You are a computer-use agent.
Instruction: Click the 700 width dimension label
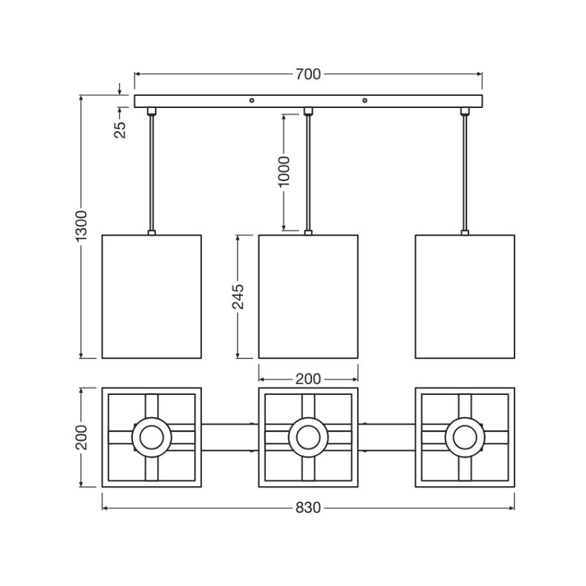308,74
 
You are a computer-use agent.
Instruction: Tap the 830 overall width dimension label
308,508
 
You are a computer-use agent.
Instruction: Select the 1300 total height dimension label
81,225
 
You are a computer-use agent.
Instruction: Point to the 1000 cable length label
284,171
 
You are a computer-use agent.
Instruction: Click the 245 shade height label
238,296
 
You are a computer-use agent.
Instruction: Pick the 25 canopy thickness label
120,130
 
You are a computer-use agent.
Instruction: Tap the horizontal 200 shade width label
308,379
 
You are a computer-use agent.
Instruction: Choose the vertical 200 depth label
81,437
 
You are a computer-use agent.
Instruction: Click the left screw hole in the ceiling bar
252,101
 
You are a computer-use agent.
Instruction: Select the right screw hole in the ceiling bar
365,101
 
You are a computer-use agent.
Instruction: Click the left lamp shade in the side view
152,296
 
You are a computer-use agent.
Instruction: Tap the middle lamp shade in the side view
309,296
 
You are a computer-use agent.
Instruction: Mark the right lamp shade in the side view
465,296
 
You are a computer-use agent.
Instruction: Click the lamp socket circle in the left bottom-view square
152,437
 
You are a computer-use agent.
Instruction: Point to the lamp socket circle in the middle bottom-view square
309,437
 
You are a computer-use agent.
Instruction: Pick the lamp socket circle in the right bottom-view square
465,437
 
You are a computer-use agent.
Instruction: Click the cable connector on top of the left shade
152,232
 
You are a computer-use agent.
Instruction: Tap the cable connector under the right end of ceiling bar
465,111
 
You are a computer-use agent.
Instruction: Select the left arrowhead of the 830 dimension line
105,508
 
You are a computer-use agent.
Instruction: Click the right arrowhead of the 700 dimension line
479,74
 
